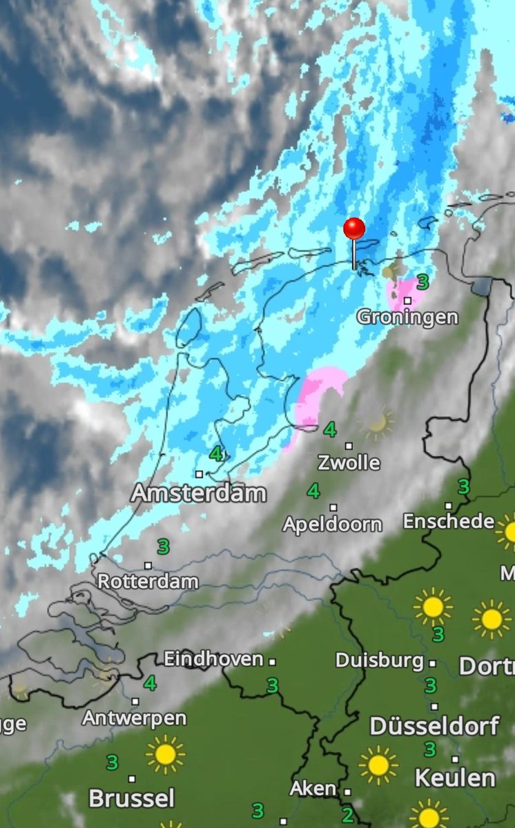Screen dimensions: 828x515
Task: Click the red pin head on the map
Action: coord(354,228)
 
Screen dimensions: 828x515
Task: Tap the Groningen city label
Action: coord(407,317)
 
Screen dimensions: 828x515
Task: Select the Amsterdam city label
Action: coord(199,493)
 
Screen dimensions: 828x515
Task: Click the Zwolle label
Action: coord(349,462)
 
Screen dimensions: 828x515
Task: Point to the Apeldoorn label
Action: coord(332,524)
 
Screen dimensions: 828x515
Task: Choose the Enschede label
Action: coord(449,521)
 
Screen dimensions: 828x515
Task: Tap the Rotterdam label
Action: coord(148,581)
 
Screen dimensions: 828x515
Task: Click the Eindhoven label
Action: coord(213,659)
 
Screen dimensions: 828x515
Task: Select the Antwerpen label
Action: coord(135,718)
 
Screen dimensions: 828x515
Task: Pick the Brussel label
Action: coord(131,799)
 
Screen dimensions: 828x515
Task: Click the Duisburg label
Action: coord(380,660)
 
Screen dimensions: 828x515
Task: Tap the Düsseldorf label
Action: coord(435,726)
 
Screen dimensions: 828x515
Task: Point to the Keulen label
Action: coord(455,778)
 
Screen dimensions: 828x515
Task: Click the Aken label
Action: coord(313,788)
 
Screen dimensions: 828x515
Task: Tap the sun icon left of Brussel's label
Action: coord(165,754)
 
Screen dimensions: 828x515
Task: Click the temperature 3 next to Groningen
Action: coord(422,282)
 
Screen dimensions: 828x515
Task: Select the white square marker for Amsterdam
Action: coord(199,474)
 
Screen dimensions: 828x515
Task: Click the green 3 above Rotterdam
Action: coord(163,547)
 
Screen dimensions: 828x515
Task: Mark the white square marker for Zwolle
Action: coord(349,446)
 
